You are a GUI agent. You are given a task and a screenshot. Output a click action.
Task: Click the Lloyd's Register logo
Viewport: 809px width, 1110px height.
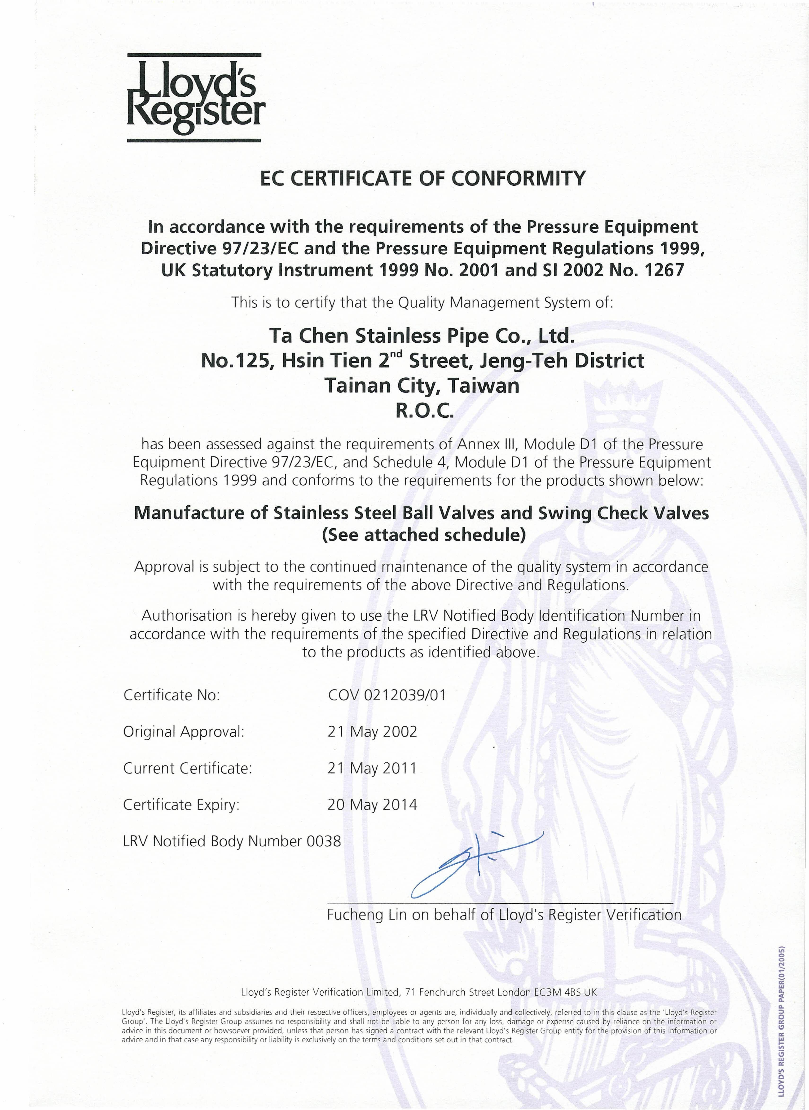click(x=195, y=98)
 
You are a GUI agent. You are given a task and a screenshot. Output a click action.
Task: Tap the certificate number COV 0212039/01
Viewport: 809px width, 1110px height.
click(x=387, y=695)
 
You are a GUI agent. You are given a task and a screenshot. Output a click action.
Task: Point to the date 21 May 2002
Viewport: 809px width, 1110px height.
click(x=372, y=731)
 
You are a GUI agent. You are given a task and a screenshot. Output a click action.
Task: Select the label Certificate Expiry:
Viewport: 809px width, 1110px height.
click(x=181, y=805)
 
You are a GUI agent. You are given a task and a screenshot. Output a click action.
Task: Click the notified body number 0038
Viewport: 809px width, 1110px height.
click(x=324, y=841)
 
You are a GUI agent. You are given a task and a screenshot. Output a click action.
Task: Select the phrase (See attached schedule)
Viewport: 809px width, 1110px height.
click(x=424, y=535)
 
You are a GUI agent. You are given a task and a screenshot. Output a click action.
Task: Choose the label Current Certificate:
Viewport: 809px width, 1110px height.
click(x=188, y=768)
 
